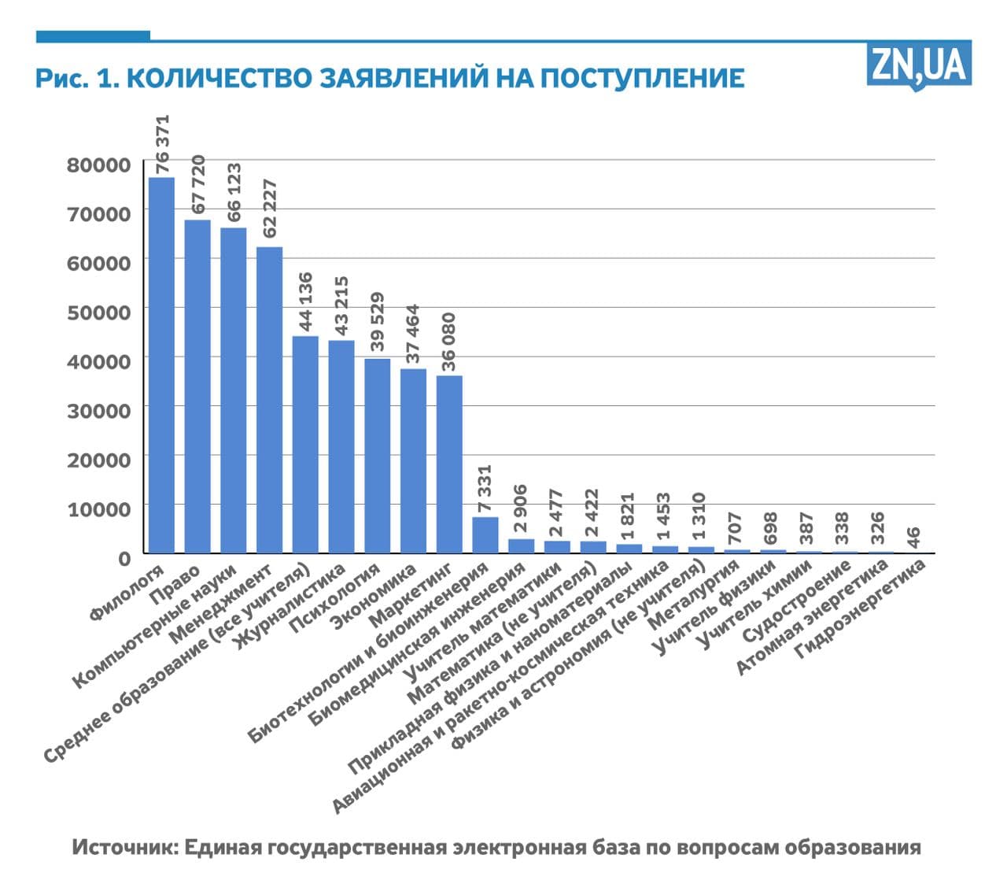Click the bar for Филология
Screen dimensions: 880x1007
[x=161, y=365]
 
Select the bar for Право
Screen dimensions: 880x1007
[x=197, y=386]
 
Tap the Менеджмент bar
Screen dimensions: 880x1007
[x=269, y=400]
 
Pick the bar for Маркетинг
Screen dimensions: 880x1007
[x=449, y=464]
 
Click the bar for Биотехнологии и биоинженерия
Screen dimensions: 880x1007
[x=485, y=535]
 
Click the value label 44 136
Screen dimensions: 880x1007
[x=306, y=301]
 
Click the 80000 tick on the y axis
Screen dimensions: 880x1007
[x=98, y=165]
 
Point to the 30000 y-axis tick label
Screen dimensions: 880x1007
[x=98, y=410]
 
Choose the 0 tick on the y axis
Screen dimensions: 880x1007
[x=124, y=558]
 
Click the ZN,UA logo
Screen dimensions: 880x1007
[x=918, y=65]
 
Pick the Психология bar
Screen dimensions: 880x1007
[x=378, y=456]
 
